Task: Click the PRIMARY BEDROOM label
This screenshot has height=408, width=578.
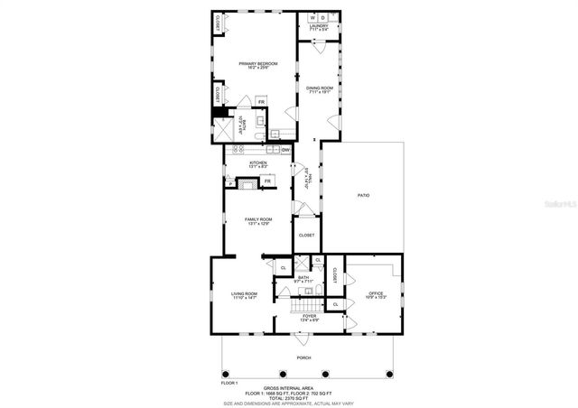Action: tap(258, 63)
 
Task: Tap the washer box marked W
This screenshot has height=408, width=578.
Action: tap(312, 17)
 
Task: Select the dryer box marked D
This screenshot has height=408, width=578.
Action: tap(323, 17)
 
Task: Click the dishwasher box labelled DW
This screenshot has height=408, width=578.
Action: tap(284, 150)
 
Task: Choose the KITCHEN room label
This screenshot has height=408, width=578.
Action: tap(258, 163)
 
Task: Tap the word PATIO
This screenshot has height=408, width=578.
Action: tap(364, 195)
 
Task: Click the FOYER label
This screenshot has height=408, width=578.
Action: tap(309, 316)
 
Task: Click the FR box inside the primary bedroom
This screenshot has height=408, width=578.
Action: tap(261, 102)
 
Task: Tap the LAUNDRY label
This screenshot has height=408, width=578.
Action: tap(319, 27)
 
